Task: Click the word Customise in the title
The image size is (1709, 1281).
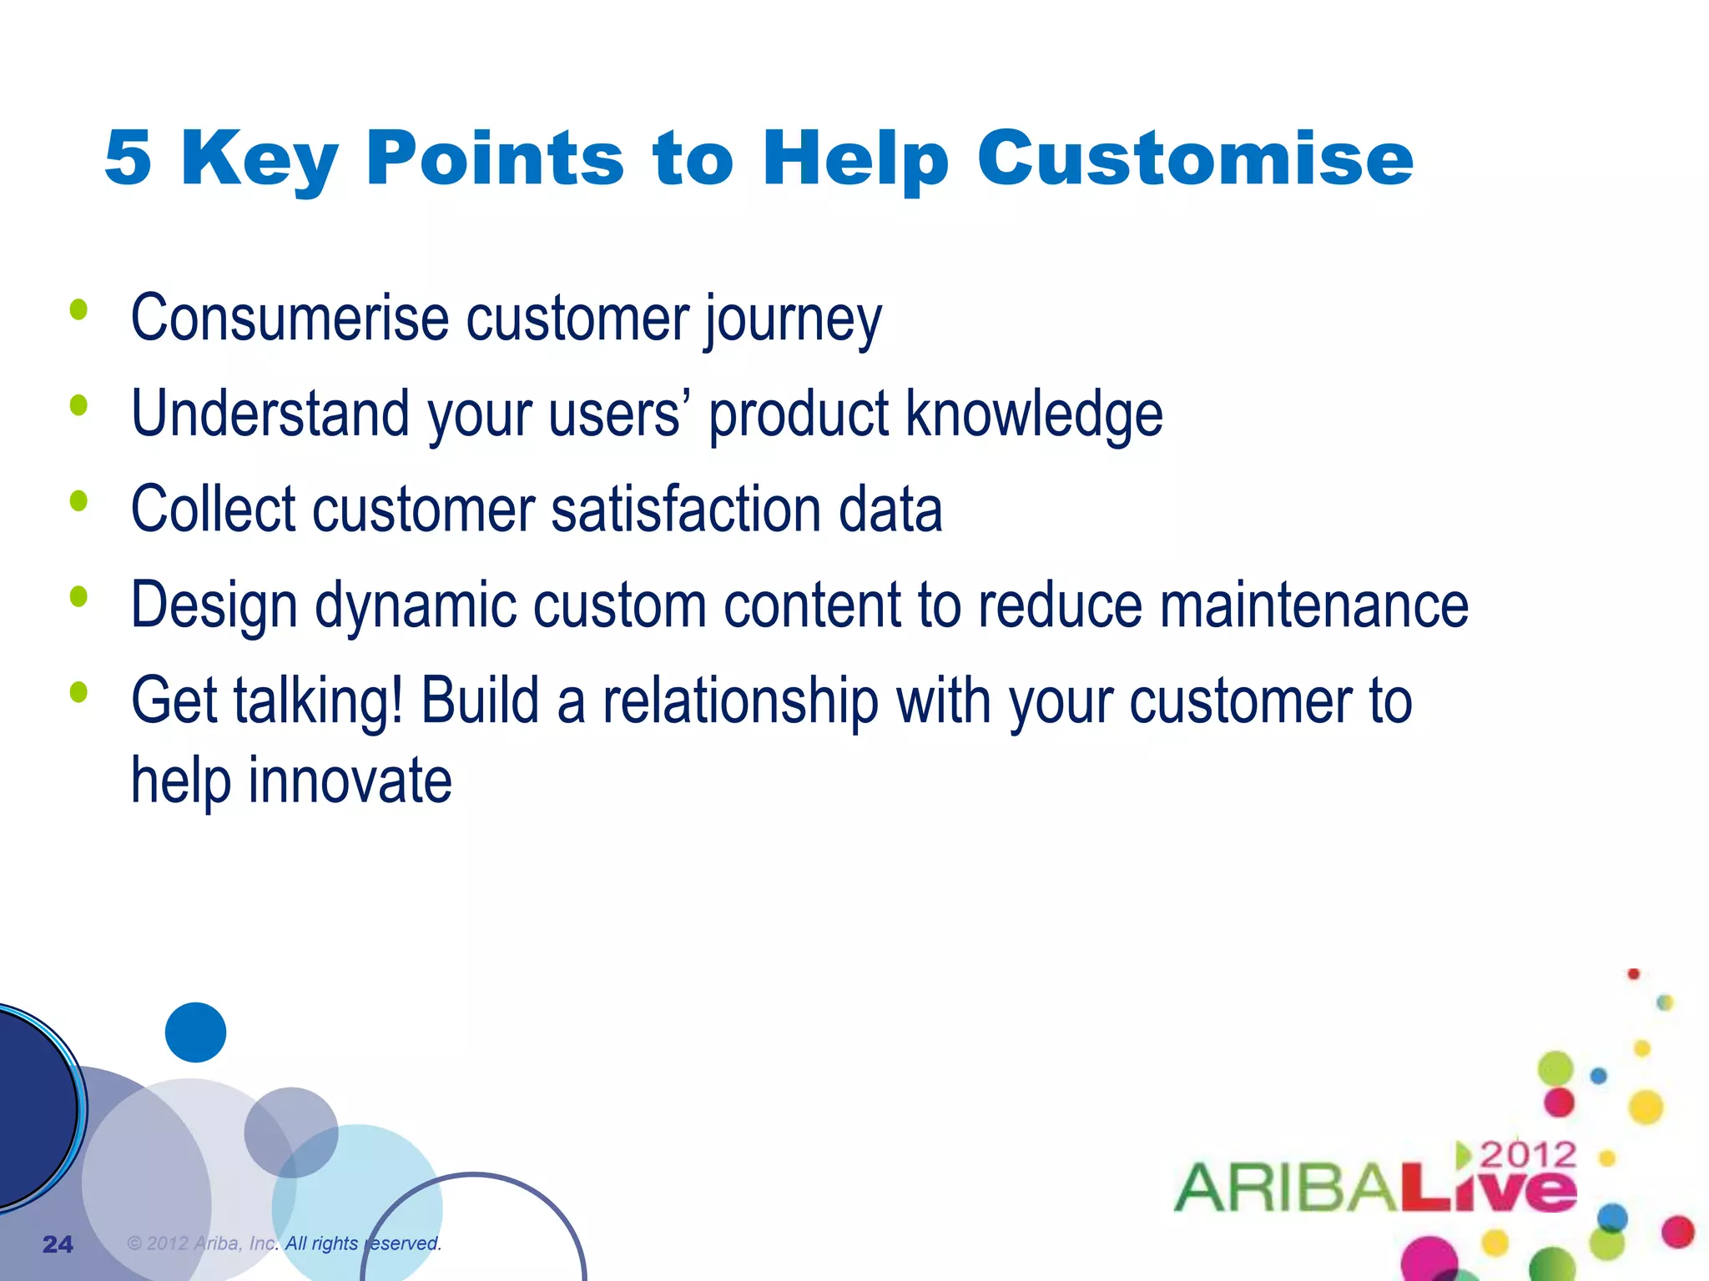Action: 1195,158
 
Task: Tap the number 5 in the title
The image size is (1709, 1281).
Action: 128,158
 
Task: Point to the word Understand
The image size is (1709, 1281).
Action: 270,414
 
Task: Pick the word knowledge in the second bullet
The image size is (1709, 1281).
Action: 1034,415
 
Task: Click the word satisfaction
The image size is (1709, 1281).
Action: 686,510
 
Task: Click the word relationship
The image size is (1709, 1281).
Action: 740,701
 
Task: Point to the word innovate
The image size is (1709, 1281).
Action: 350,781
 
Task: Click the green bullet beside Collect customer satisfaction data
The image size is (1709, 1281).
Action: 79,501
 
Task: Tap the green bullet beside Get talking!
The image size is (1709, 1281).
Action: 79,692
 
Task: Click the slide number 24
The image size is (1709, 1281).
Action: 58,1244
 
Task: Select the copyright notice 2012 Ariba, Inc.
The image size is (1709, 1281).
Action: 284,1243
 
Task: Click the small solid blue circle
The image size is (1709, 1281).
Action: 195,1032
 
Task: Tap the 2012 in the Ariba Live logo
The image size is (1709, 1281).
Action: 1527,1155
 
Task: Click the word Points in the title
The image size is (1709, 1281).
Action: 495,158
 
